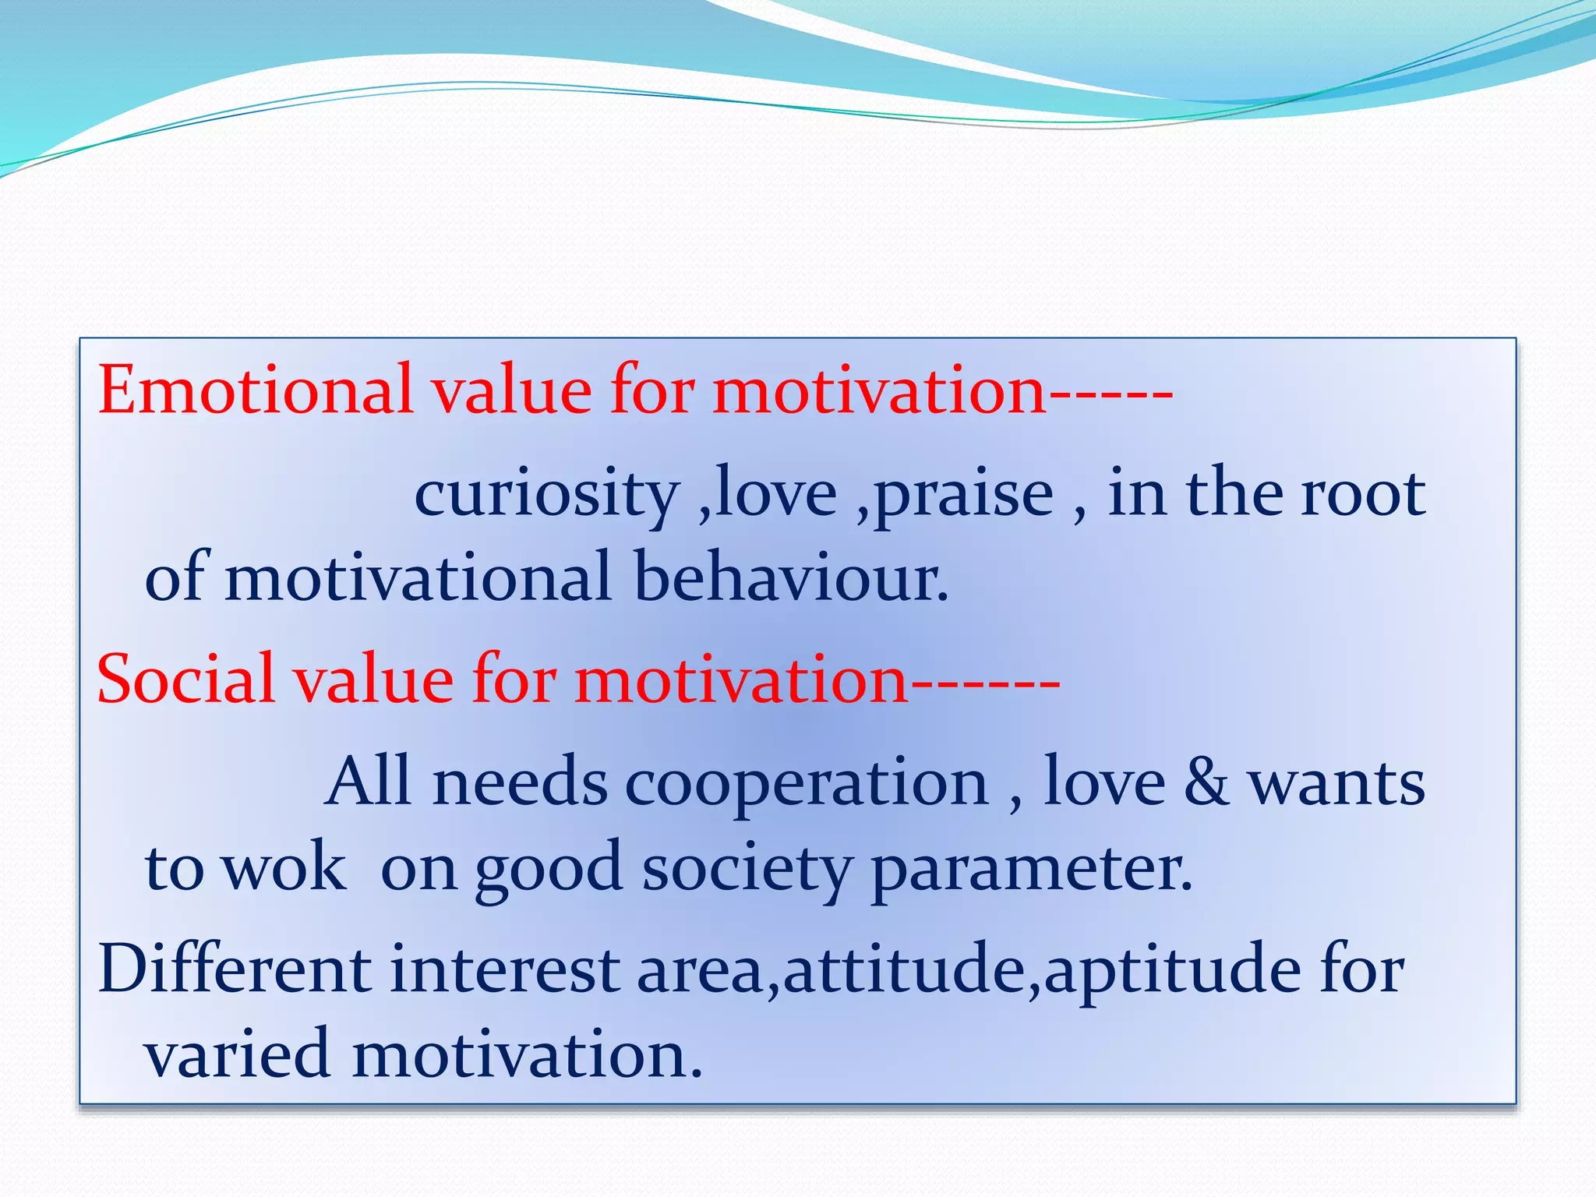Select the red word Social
(186, 680)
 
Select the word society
(747, 869)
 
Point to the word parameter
(1030, 869)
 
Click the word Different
(235, 969)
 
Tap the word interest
(504, 969)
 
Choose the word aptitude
(1173, 971)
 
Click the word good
(549, 869)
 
